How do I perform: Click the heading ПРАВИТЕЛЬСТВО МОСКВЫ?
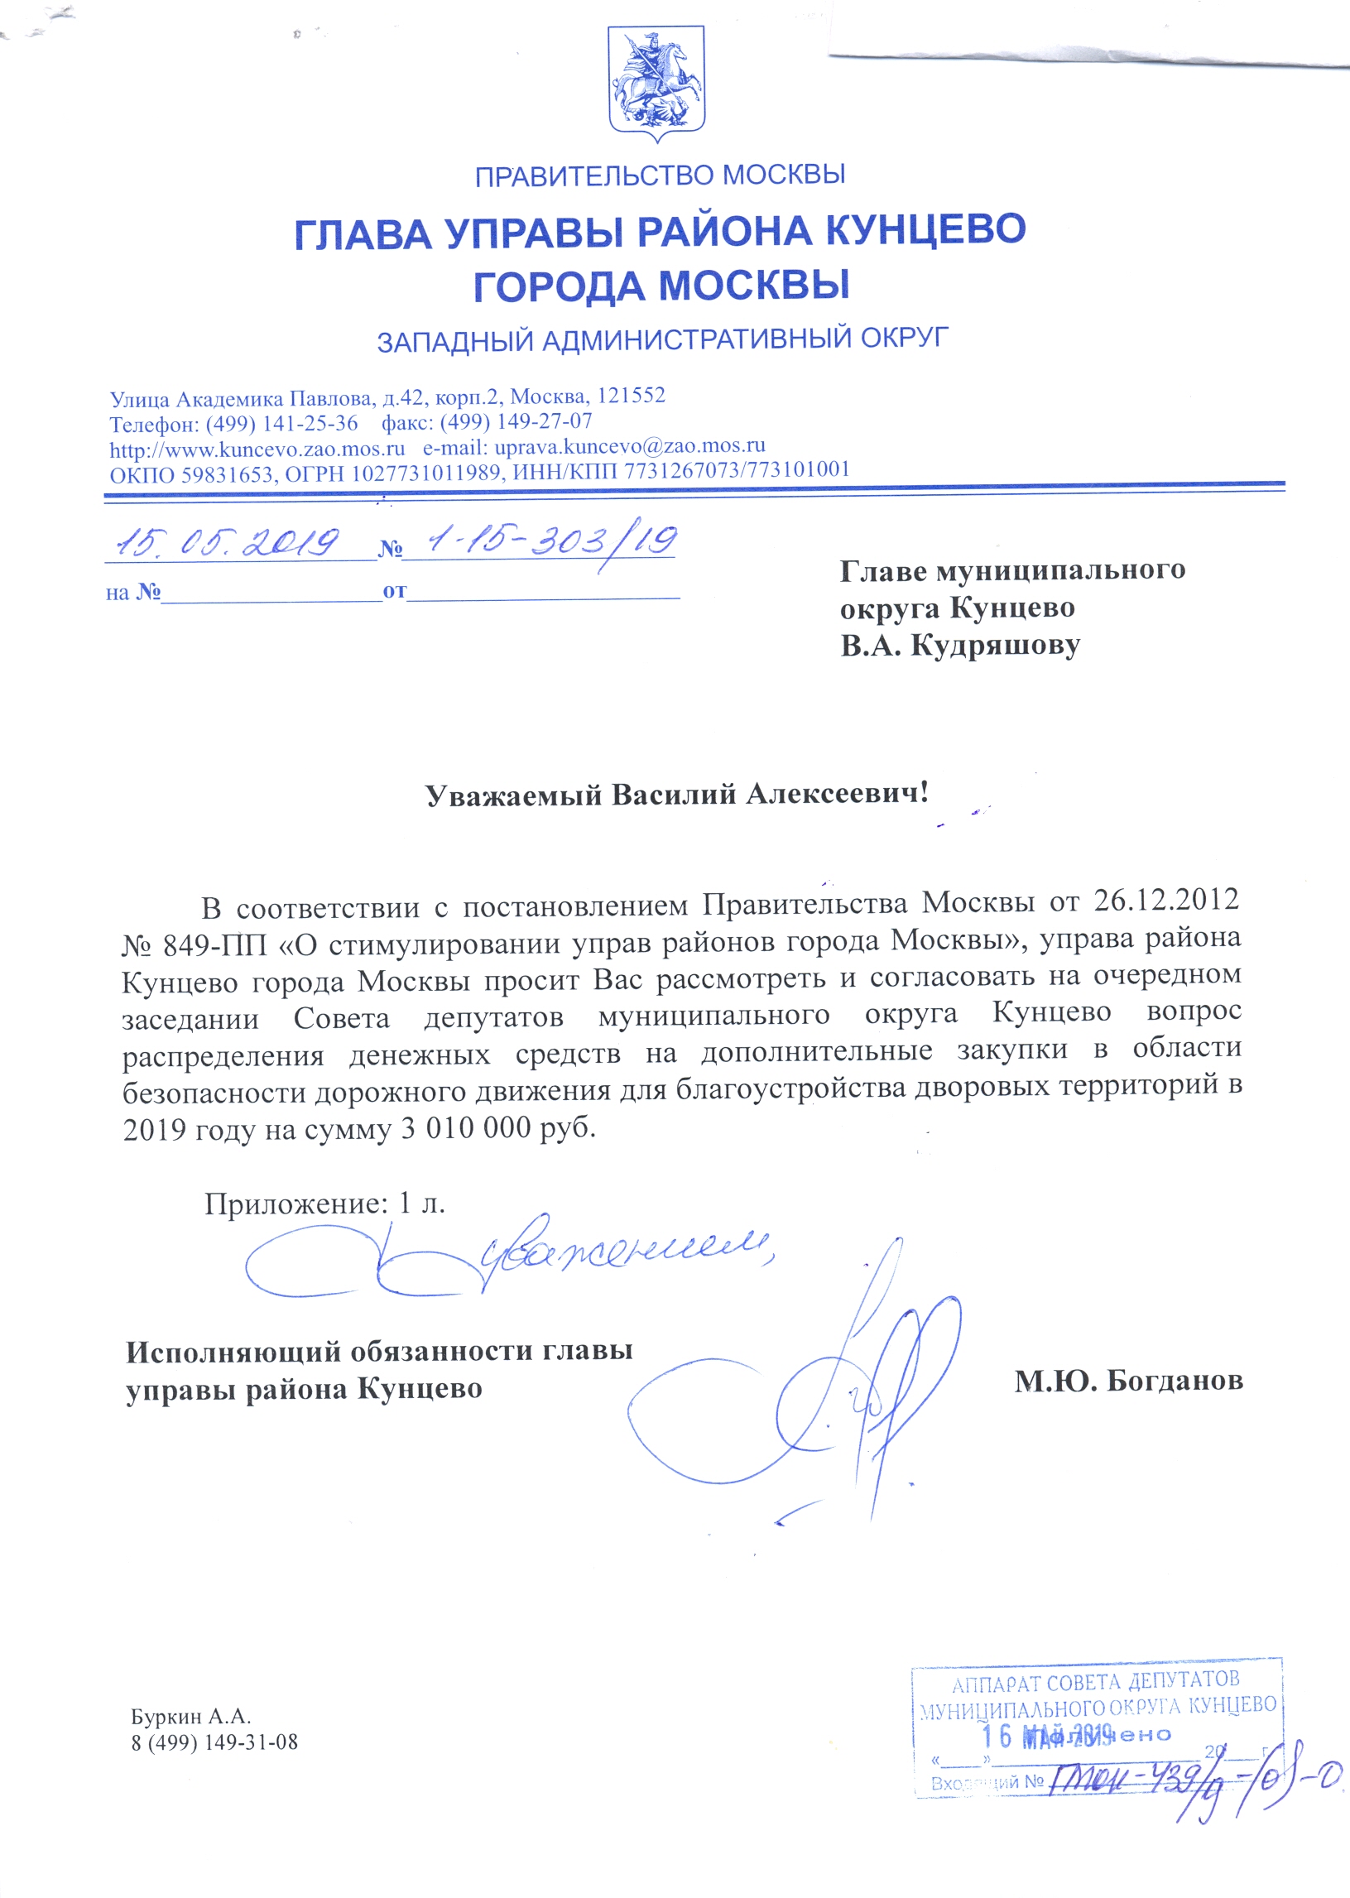pos(660,175)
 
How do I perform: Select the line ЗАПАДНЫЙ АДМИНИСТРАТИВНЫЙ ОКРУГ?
pos(662,339)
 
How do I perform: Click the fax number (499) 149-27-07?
pos(516,421)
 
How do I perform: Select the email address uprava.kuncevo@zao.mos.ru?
pos(629,447)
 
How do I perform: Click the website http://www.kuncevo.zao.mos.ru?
pos(257,449)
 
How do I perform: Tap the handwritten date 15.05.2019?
pos(228,543)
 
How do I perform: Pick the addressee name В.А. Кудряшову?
pos(959,646)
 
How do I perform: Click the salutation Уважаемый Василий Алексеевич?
pos(677,795)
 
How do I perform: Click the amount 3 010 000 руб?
pos(499,1128)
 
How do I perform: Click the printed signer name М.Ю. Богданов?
pos(1128,1380)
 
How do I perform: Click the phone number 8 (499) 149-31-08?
pos(214,1742)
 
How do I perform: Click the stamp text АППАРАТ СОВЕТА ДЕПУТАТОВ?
pos(1095,1683)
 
